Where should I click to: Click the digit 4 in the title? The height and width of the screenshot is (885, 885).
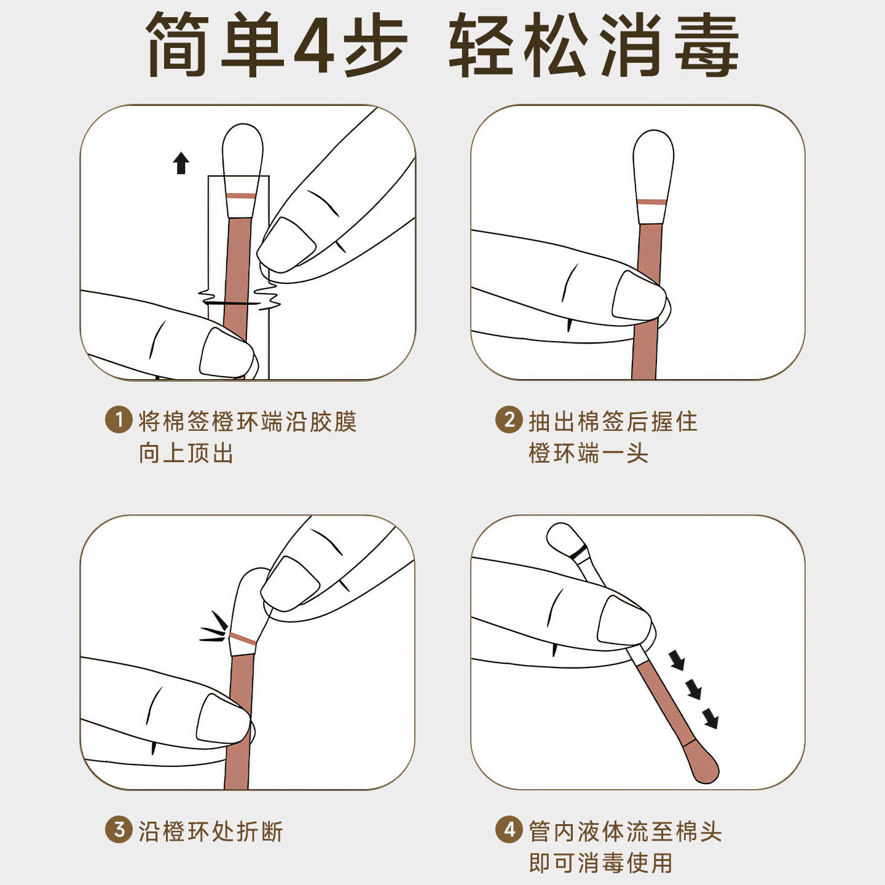click(x=314, y=44)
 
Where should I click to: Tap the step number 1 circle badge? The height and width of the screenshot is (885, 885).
click(x=119, y=420)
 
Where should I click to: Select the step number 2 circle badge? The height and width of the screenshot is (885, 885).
click(x=509, y=420)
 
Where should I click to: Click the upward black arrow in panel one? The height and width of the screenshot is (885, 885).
click(x=181, y=163)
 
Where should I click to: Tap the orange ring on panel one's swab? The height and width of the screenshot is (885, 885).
click(x=242, y=195)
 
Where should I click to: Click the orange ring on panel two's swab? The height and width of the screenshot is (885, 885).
click(x=651, y=202)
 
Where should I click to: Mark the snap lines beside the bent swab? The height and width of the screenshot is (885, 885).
click(x=213, y=627)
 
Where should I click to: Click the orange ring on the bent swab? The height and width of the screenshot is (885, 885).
click(x=243, y=639)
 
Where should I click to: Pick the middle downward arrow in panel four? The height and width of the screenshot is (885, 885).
click(x=694, y=690)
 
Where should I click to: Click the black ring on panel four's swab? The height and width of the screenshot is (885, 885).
click(x=578, y=553)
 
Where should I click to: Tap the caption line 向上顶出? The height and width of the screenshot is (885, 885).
click(x=186, y=453)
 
